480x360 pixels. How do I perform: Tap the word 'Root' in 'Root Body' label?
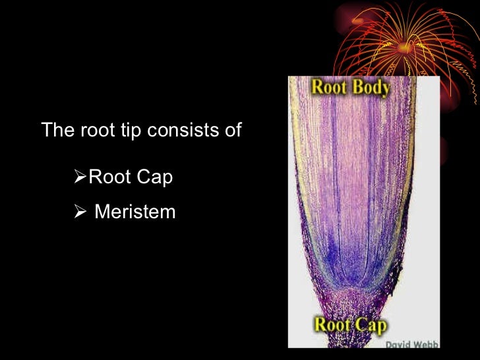pyautogui.click(x=330, y=87)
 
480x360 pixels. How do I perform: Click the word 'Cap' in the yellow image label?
pyautogui.click(x=370, y=324)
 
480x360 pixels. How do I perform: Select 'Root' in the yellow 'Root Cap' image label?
pyautogui.click(x=332, y=324)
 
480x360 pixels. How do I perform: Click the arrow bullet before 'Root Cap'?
pyautogui.click(x=80, y=177)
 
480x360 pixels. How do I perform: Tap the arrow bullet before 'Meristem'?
pyautogui.click(x=80, y=212)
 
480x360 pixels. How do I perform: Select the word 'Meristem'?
pyautogui.click(x=135, y=212)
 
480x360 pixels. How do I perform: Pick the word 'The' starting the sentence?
pyautogui.click(x=55, y=129)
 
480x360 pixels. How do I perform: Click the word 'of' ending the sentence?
pyautogui.click(x=233, y=129)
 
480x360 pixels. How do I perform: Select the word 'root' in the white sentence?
pyautogui.click(x=94, y=130)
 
